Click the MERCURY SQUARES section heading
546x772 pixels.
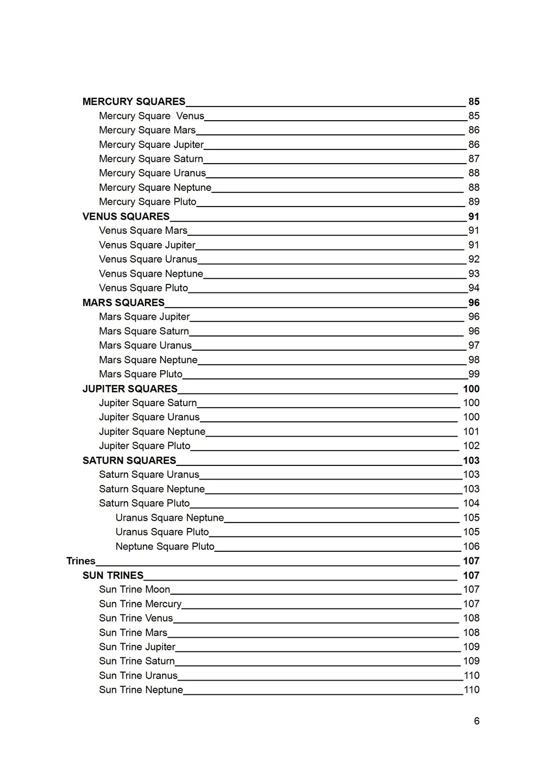(134, 102)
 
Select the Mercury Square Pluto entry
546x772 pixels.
(147, 202)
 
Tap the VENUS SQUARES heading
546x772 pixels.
(126, 216)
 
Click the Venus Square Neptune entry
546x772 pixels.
(151, 274)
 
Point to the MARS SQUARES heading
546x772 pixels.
(123, 303)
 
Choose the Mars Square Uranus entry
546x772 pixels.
(145, 346)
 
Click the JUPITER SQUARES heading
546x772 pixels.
(130, 389)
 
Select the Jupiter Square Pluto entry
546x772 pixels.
(145, 446)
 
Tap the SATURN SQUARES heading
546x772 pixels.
(129, 460)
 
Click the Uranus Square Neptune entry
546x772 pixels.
(170, 518)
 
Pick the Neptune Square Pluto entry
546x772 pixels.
(165, 546)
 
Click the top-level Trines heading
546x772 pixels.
(81, 561)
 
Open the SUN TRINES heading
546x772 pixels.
(113, 575)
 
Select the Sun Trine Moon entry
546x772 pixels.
(134, 589)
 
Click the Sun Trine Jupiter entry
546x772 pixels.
(137, 647)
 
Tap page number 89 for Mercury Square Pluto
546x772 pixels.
(474, 202)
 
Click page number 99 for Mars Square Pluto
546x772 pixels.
(474, 374)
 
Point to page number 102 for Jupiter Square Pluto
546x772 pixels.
(471, 446)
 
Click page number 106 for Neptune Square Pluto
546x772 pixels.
(471, 546)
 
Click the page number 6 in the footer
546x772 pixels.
(476, 721)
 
